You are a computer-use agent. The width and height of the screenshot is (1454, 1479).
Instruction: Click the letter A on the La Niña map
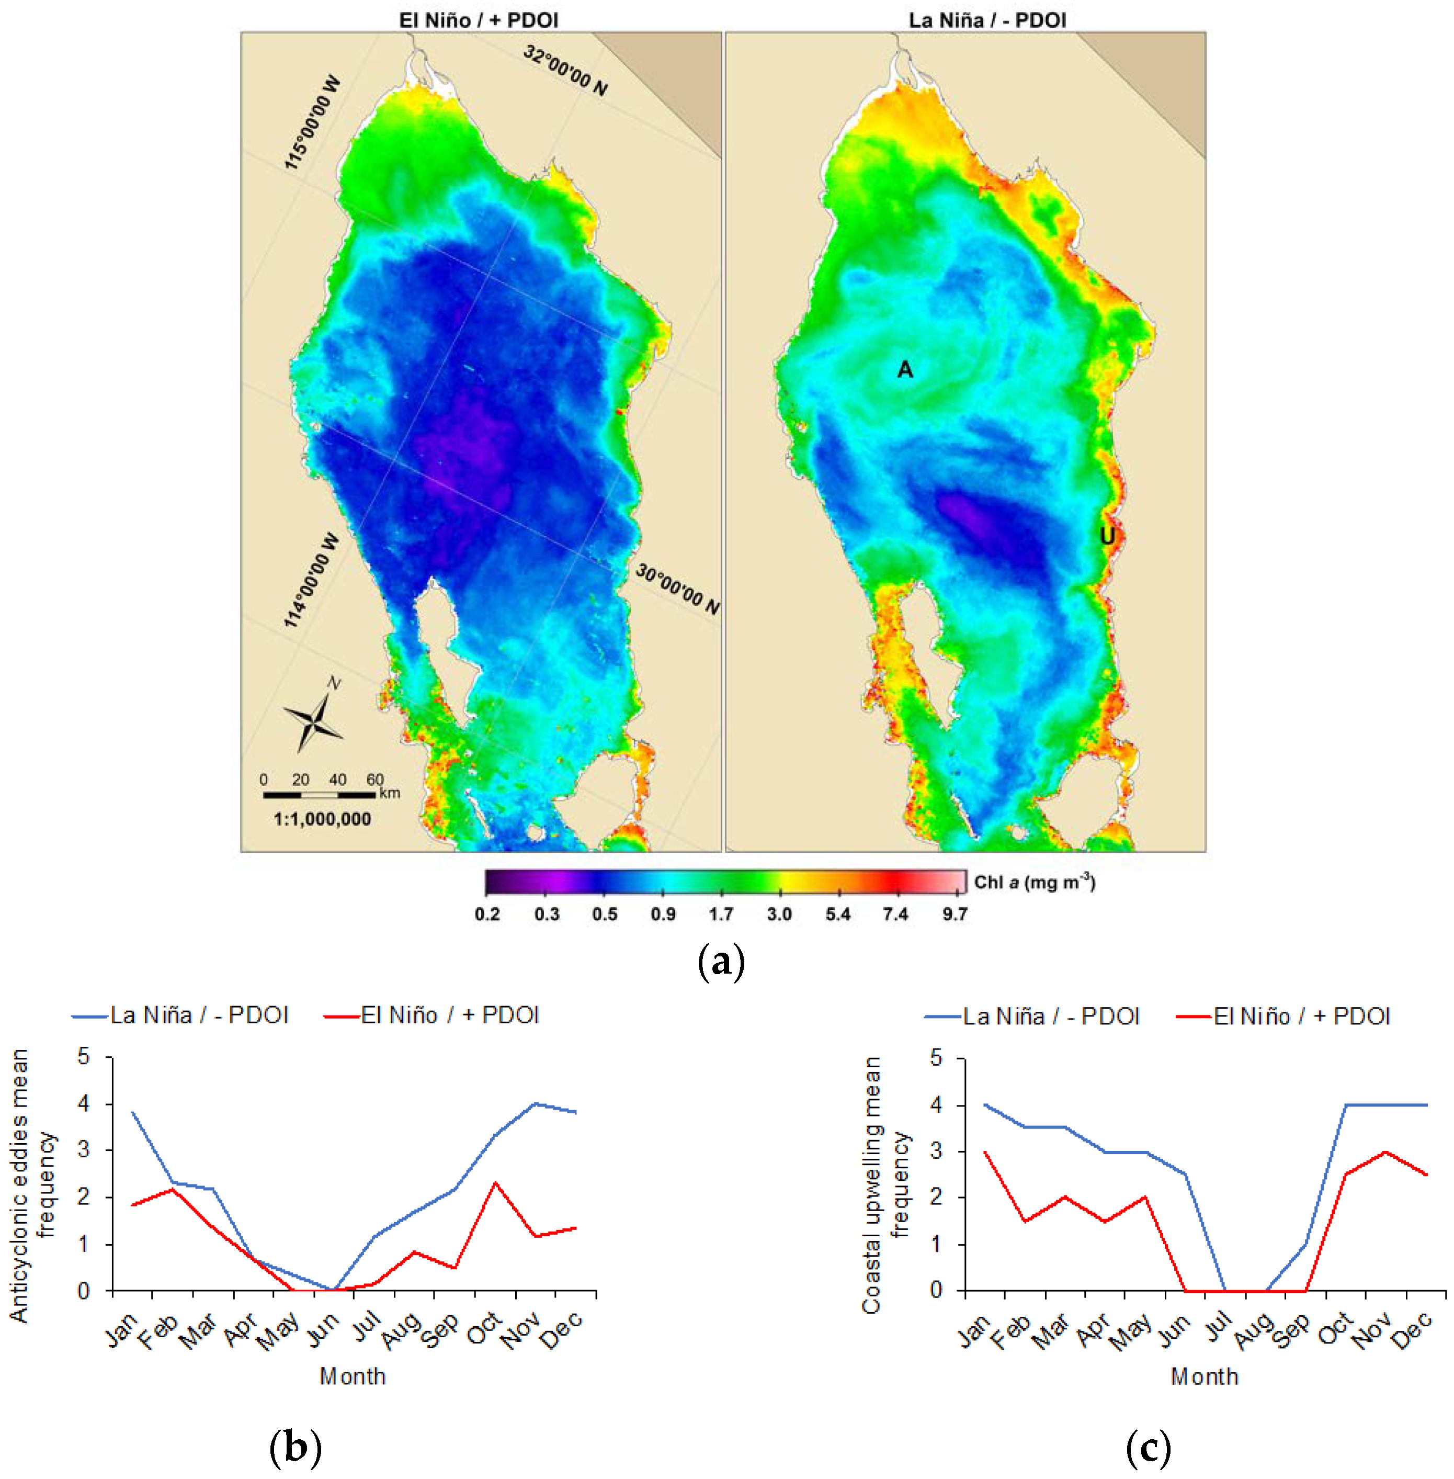[x=905, y=370]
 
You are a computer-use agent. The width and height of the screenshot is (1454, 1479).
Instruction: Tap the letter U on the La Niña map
[x=1107, y=536]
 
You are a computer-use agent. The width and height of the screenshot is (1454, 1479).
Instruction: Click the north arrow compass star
[x=313, y=719]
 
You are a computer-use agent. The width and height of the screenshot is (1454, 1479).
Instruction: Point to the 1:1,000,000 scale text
[x=322, y=819]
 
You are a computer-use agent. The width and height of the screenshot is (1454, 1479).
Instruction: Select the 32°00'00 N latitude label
[x=565, y=70]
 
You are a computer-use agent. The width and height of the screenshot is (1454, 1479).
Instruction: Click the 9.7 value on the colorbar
[x=955, y=915]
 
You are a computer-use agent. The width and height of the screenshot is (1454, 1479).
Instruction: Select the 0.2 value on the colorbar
[x=487, y=915]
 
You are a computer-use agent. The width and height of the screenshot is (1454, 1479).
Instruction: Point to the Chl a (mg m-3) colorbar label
[x=1034, y=883]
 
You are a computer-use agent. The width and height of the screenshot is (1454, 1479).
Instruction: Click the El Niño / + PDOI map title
[x=479, y=20]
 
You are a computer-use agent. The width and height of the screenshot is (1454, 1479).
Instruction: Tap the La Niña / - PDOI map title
[x=987, y=20]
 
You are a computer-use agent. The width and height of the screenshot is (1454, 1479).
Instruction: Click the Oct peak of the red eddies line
[x=496, y=1183]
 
